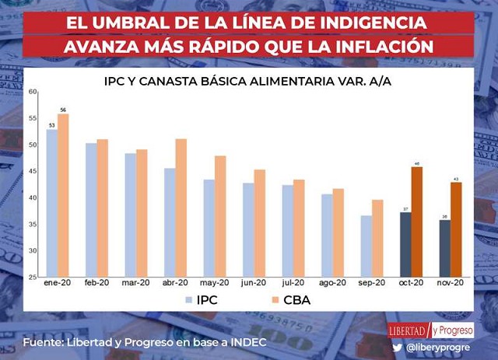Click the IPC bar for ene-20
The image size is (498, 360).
pos(52,202)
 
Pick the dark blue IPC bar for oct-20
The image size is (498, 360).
pos(405,244)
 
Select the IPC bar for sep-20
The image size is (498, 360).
pos(366,246)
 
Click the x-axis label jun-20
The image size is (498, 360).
pos(254,283)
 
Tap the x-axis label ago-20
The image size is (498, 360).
pos(332,283)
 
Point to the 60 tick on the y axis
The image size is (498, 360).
pos(33,92)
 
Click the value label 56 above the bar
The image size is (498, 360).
pos(64,109)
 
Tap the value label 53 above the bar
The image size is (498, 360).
pos(51,124)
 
